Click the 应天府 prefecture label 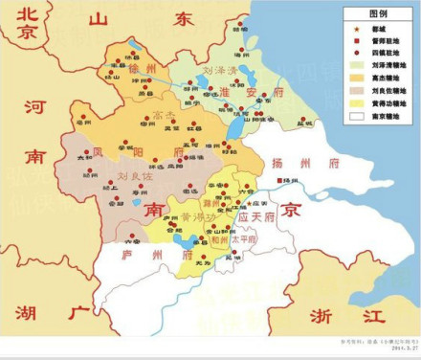pyautogui.click(x=255, y=218)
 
